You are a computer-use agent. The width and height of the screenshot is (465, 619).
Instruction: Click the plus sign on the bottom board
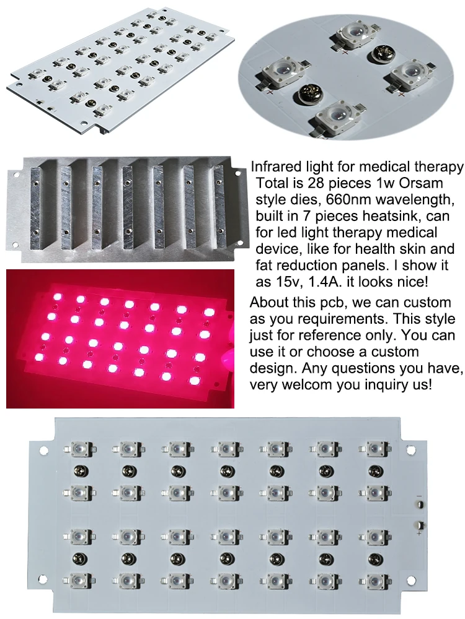(419, 532)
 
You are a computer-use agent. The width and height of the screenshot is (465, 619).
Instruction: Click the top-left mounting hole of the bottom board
(44, 447)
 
